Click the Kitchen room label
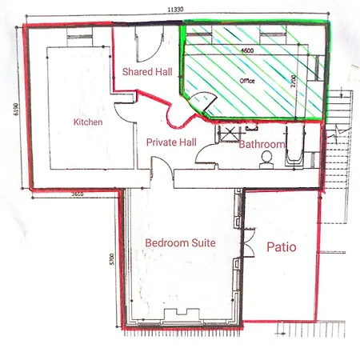pos(88,122)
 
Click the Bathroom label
pos(262,145)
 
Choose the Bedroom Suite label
pos(180,242)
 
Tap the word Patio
pos(281,247)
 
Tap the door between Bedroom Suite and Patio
pos(244,239)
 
